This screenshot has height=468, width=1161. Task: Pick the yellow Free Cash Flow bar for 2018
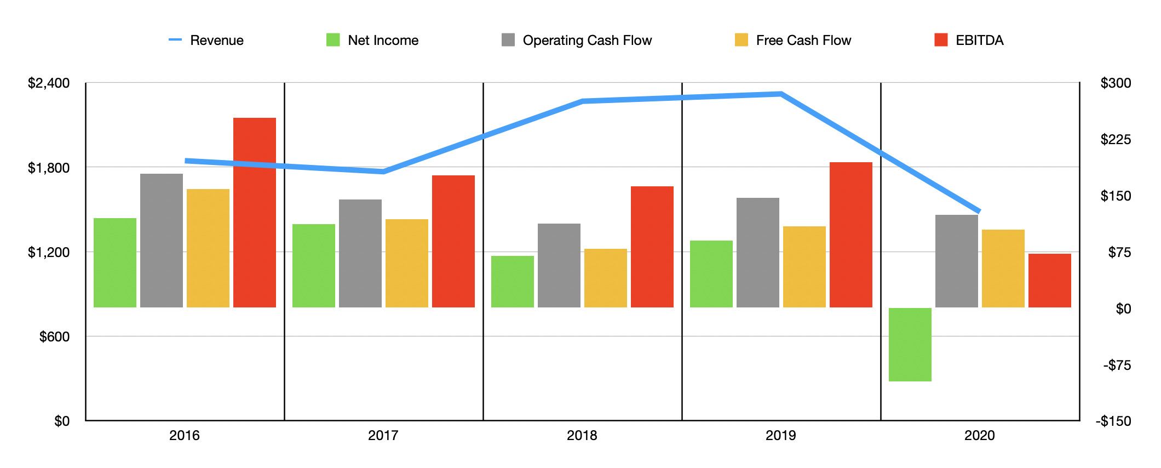[605, 278]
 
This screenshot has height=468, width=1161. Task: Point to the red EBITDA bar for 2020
[1049, 280]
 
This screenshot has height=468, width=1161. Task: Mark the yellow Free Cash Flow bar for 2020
[1003, 268]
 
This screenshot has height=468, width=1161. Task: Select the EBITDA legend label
[979, 40]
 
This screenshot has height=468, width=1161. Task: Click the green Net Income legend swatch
[333, 40]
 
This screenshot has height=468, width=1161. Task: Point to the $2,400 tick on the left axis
[49, 83]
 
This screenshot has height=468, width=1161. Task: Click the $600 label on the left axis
[54, 336]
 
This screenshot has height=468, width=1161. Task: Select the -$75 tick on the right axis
[1117, 365]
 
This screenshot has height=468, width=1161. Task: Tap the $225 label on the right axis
[1116, 139]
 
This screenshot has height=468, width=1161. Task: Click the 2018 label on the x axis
[582, 436]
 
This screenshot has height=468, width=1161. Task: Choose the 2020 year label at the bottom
[979, 436]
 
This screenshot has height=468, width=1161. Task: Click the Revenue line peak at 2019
[780, 94]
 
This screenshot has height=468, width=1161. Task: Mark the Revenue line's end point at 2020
[979, 211]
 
